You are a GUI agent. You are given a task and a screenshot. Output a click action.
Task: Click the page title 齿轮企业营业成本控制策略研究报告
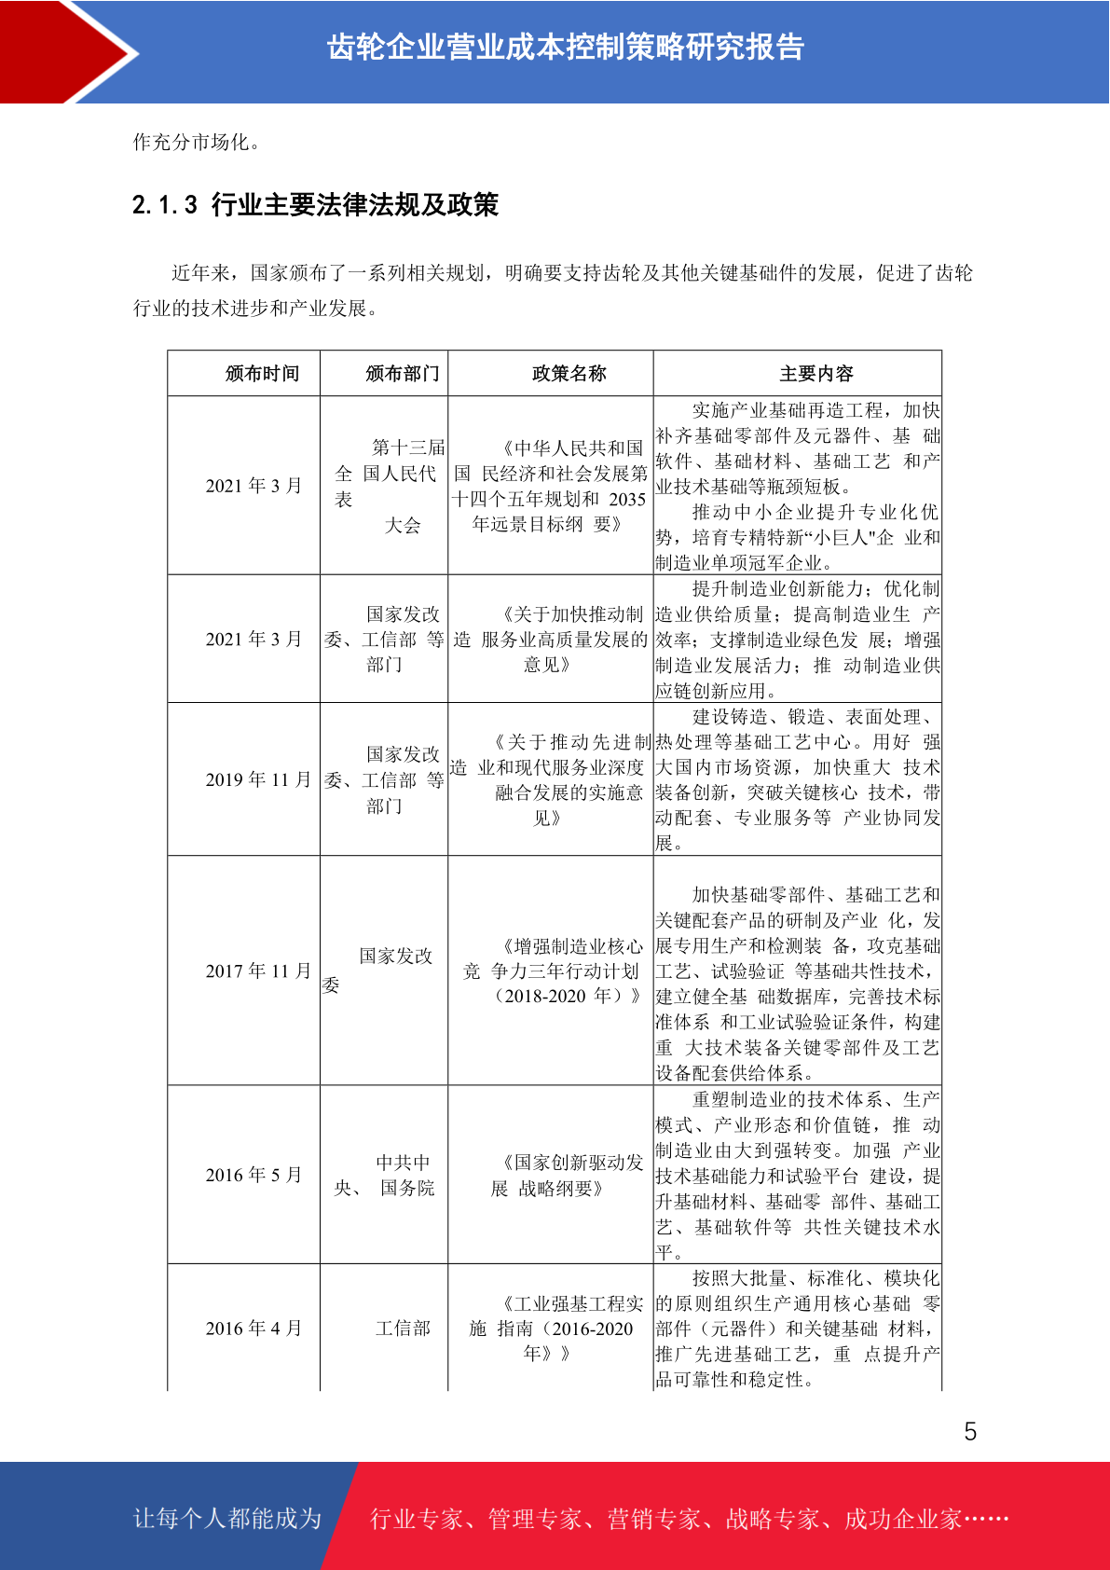point(566,48)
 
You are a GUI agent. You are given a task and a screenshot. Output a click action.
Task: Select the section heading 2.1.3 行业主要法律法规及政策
point(315,205)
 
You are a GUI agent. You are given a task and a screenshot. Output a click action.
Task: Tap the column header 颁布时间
point(262,374)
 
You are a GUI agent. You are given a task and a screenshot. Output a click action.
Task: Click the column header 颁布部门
point(403,374)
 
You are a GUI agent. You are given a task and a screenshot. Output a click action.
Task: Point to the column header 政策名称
point(569,374)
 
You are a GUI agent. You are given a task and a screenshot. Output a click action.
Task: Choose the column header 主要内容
point(816,374)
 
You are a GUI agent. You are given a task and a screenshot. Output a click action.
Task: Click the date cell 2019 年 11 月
point(258,780)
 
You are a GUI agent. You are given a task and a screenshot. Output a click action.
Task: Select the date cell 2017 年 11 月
point(258,971)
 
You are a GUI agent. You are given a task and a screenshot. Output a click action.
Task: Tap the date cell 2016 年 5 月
point(254,1176)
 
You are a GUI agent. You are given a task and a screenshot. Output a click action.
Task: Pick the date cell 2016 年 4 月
point(254,1329)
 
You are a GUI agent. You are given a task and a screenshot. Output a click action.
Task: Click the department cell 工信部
point(403,1329)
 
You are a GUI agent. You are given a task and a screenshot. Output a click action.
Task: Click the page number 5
point(970,1432)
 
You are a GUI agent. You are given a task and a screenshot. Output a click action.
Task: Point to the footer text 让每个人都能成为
point(227,1519)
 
